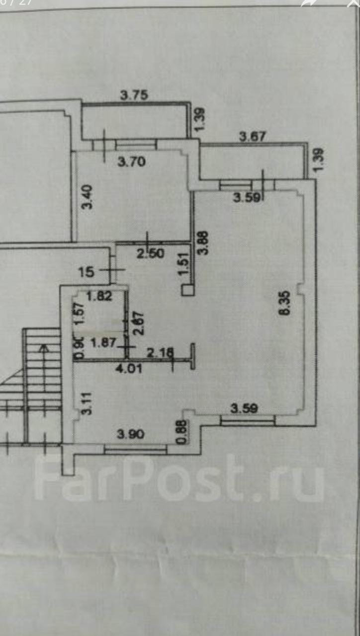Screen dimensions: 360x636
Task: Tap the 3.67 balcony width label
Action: point(253,136)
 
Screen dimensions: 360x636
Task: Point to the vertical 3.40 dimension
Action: point(87,197)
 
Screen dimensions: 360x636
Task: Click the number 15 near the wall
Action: point(87,271)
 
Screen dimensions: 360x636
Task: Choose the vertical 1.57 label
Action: point(78,314)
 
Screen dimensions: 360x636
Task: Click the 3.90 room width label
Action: point(130,434)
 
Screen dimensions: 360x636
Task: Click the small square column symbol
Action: point(187,290)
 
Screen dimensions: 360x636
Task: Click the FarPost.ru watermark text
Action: point(179,478)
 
